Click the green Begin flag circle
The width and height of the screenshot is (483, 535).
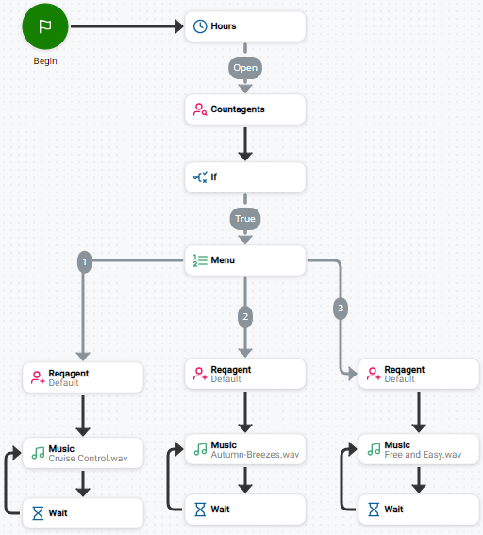coord(44,26)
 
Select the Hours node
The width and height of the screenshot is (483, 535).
coord(245,26)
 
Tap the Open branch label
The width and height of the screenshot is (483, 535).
coord(245,68)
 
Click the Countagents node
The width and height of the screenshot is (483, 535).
coord(245,109)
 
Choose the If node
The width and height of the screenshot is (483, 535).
coord(245,177)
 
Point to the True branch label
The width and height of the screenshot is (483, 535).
coord(245,218)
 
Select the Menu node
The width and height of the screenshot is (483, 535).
coord(245,260)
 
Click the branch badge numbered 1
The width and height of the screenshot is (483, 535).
coord(84,261)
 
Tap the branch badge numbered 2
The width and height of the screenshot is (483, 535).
coord(245,317)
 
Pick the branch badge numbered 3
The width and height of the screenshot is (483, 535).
coord(340,308)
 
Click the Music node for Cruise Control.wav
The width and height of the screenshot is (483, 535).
coord(83,453)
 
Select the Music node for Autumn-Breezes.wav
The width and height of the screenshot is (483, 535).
coord(245,449)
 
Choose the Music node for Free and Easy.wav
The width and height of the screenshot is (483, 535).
coord(419,449)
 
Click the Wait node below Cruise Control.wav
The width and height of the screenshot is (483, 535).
coord(83,513)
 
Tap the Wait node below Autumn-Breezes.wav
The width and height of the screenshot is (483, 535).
coord(245,510)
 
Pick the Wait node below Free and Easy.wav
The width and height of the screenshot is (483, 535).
coord(419,510)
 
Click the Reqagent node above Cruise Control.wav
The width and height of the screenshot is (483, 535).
coord(83,377)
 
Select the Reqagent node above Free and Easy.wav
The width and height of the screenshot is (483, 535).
coord(419,374)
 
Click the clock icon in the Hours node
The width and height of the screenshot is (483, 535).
coord(200,26)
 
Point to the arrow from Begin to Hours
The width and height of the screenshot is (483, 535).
coord(126,26)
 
